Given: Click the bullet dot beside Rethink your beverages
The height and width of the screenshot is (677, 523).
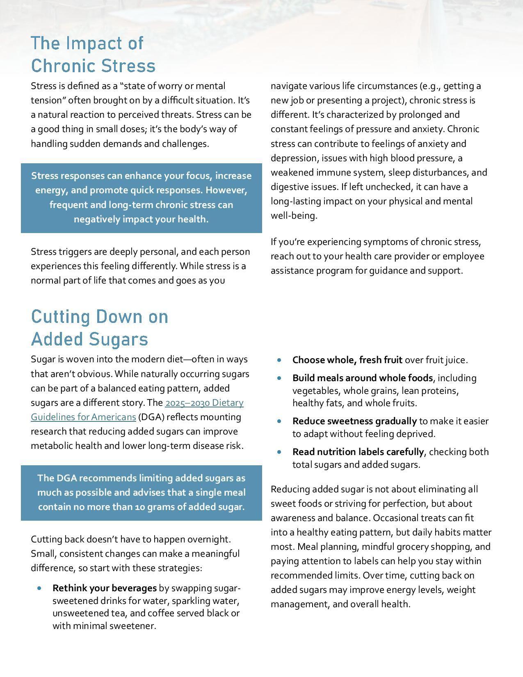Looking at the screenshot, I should coord(39,588).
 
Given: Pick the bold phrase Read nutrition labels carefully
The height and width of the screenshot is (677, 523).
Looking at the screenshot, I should coord(358,452).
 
